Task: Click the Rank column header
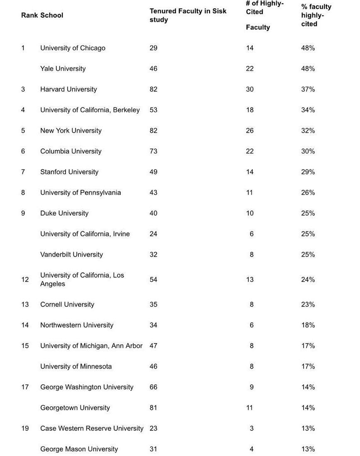(29, 15)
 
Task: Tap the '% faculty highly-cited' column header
(316, 15)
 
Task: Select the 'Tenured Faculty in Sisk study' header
(188, 15)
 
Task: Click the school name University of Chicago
(73, 48)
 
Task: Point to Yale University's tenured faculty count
(153, 69)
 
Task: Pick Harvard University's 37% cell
(308, 90)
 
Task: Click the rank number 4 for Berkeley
(23, 110)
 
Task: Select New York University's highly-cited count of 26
(249, 131)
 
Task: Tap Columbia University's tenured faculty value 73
(153, 152)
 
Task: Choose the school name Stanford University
(69, 172)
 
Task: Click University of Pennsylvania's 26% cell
(308, 193)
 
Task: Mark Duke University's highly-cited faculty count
(249, 213)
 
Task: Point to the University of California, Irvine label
(85, 234)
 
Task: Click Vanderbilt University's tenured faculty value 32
(153, 255)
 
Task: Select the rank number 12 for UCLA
(25, 280)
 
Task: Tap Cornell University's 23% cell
(308, 305)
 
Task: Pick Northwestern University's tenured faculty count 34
(153, 325)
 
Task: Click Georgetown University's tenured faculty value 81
(153, 408)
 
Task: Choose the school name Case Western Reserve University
(92, 429)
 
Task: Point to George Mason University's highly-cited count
(251, 449)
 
